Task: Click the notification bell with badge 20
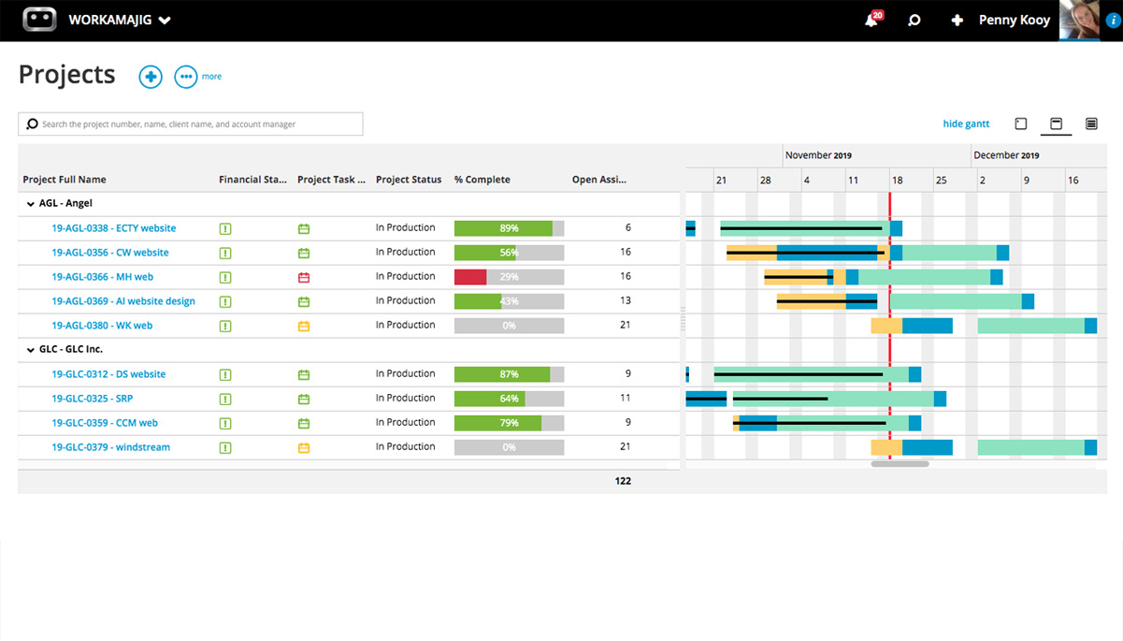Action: click(871, 20)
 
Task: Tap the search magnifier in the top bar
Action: click(914, 20)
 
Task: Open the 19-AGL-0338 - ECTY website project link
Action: click(113, 228)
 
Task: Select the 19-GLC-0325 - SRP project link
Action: click(92, 399)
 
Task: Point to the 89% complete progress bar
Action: click(508, 228)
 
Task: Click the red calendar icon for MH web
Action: click(303, 277)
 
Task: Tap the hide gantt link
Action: click(966, 124)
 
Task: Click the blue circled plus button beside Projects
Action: click(151, 77)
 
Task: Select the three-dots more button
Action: click(186, 77)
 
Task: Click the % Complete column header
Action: click(482, 180)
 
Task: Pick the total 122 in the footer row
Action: click(623, 481)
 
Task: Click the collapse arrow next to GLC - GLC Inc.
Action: click(29, 349)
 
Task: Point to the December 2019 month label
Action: click(1005, 155)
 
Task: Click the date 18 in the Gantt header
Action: click(897, 180)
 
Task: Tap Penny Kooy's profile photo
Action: click(1079, 20)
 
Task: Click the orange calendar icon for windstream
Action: click(303, 447)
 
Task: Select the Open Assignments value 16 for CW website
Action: click(626, 252)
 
